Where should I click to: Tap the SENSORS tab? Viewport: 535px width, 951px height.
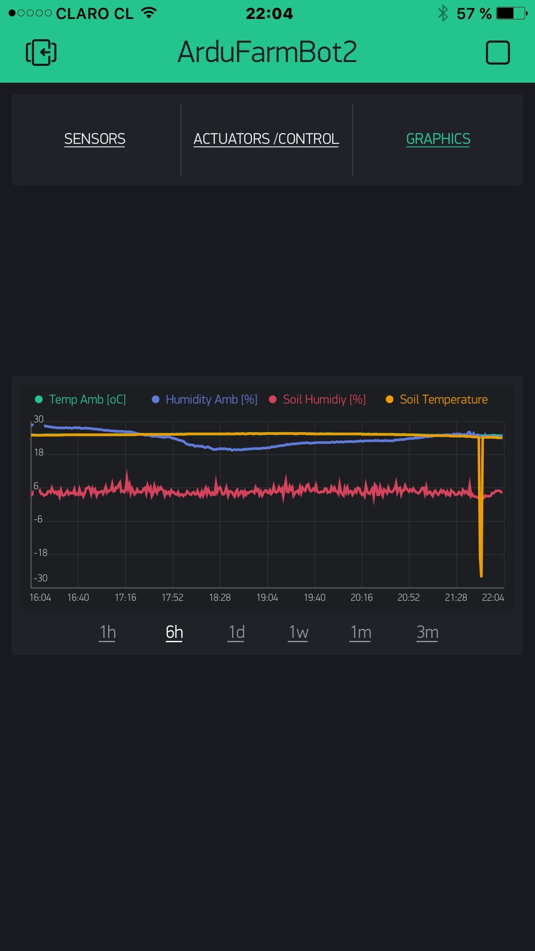95,139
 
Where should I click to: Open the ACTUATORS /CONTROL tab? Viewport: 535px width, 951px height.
266,139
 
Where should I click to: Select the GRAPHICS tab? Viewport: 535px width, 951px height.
438,139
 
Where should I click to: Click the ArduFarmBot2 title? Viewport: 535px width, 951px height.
267,52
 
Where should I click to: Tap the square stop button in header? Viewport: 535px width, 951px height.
498,53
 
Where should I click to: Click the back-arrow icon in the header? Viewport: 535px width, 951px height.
41,53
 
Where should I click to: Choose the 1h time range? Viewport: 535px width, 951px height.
108,632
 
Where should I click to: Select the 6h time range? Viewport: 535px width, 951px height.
174,632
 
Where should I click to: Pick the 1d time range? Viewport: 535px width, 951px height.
236,632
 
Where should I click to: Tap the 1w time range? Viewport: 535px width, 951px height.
299,632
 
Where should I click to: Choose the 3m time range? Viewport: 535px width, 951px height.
427,632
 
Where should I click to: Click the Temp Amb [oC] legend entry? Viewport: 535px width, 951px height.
81,399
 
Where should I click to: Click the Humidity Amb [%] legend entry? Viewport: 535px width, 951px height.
205,399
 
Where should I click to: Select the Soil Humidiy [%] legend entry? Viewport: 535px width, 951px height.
317,399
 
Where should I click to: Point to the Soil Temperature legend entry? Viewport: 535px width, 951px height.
437,399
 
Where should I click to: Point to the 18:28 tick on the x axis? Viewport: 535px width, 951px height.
220,597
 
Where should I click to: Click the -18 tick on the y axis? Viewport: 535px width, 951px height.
40,553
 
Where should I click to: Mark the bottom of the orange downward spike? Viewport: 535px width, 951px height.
481,575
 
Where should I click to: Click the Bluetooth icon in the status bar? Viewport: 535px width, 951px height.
443,13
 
